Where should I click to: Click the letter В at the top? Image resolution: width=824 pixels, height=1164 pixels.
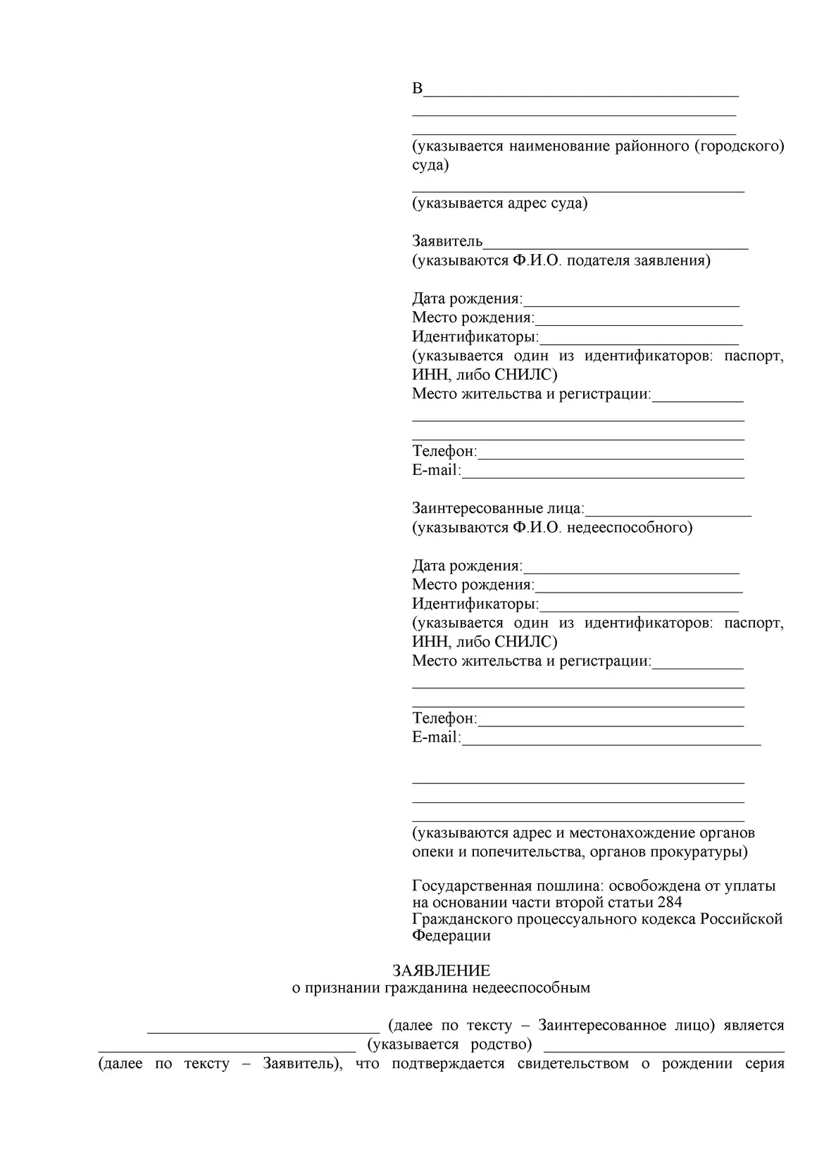pyautogui.click(x=418, y=89)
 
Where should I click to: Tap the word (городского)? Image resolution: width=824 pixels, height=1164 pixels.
pyautogui.click(x=739, y=146)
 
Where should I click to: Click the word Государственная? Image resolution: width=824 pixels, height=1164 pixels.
pyautogui.click(x=473, y=886)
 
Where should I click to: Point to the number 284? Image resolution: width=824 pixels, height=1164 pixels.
pyautogui.click(x=668, y=903)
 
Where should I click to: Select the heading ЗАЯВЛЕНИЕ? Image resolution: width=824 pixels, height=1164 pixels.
pyautogui.click(x=441, y=971)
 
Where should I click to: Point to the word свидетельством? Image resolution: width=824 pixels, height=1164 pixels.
pyautogui.click(x=573, y=1063)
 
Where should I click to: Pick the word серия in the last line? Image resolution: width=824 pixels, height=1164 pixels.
pyautogui.click(x=765, y=1063)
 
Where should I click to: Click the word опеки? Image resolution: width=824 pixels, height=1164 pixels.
pyautogui.click(x=432, y=852)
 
